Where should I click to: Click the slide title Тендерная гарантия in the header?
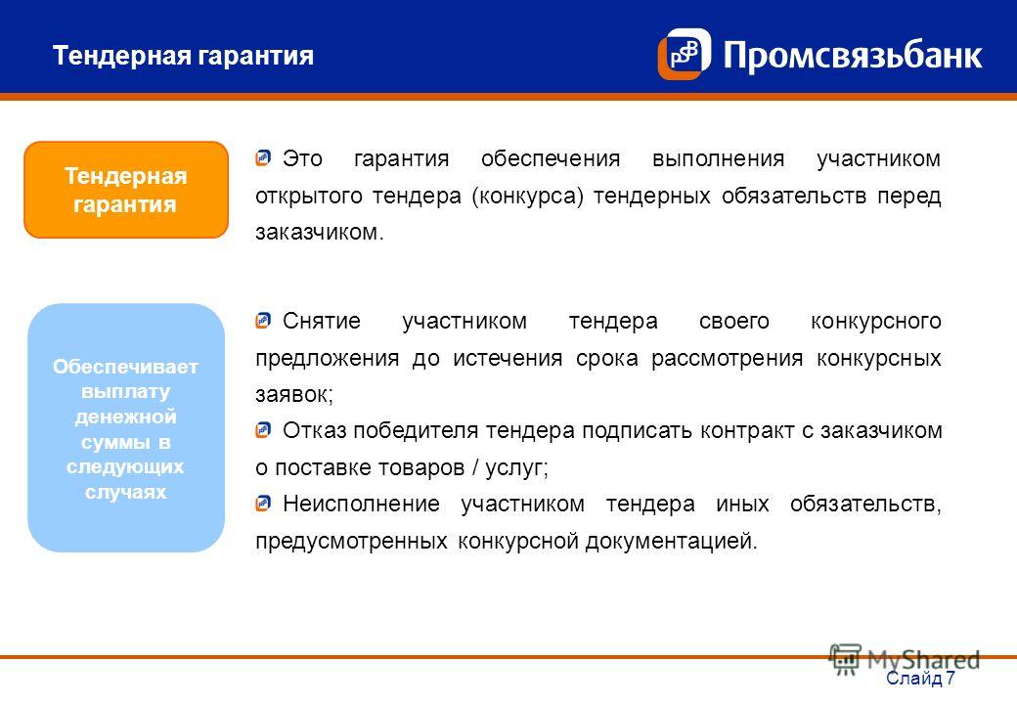pyautogui.click(x=183, y=56)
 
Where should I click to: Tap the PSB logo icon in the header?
pyautogui.click(x=685, y=54)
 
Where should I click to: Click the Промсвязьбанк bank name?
pyautogui.click(x=853, y=55)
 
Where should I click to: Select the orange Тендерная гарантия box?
pyautogui.click(x=126, y=190)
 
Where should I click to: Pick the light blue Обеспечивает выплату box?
pyautogui.click(x=126, y=428)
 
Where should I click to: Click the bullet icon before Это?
pyautogui.click(x=263, y=158)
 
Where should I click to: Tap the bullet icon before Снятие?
pyautogui.click(x=263, y=321)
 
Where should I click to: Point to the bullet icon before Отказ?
pyautogui.click(x=263, y=430)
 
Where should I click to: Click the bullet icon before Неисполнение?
pyautogui.click(x=263, y=503)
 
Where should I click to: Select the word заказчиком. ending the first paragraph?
pyautogui.click(x=320, y=232)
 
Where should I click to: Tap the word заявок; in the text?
pyautogui.click(x=294, y=394)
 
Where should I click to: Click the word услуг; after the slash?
pyautogui.click(x=517, y=467)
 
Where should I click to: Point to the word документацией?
pyautogui.click(x=671, y=541)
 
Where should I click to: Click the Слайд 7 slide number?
pyautogui.click(x=920, y=678)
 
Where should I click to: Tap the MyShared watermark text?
pyautogui.click(x=923, y=660)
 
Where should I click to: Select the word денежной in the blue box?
pyautogui.click(x=126, y=417)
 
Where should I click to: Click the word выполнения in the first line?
pyautogui.click(x=719, y=158)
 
